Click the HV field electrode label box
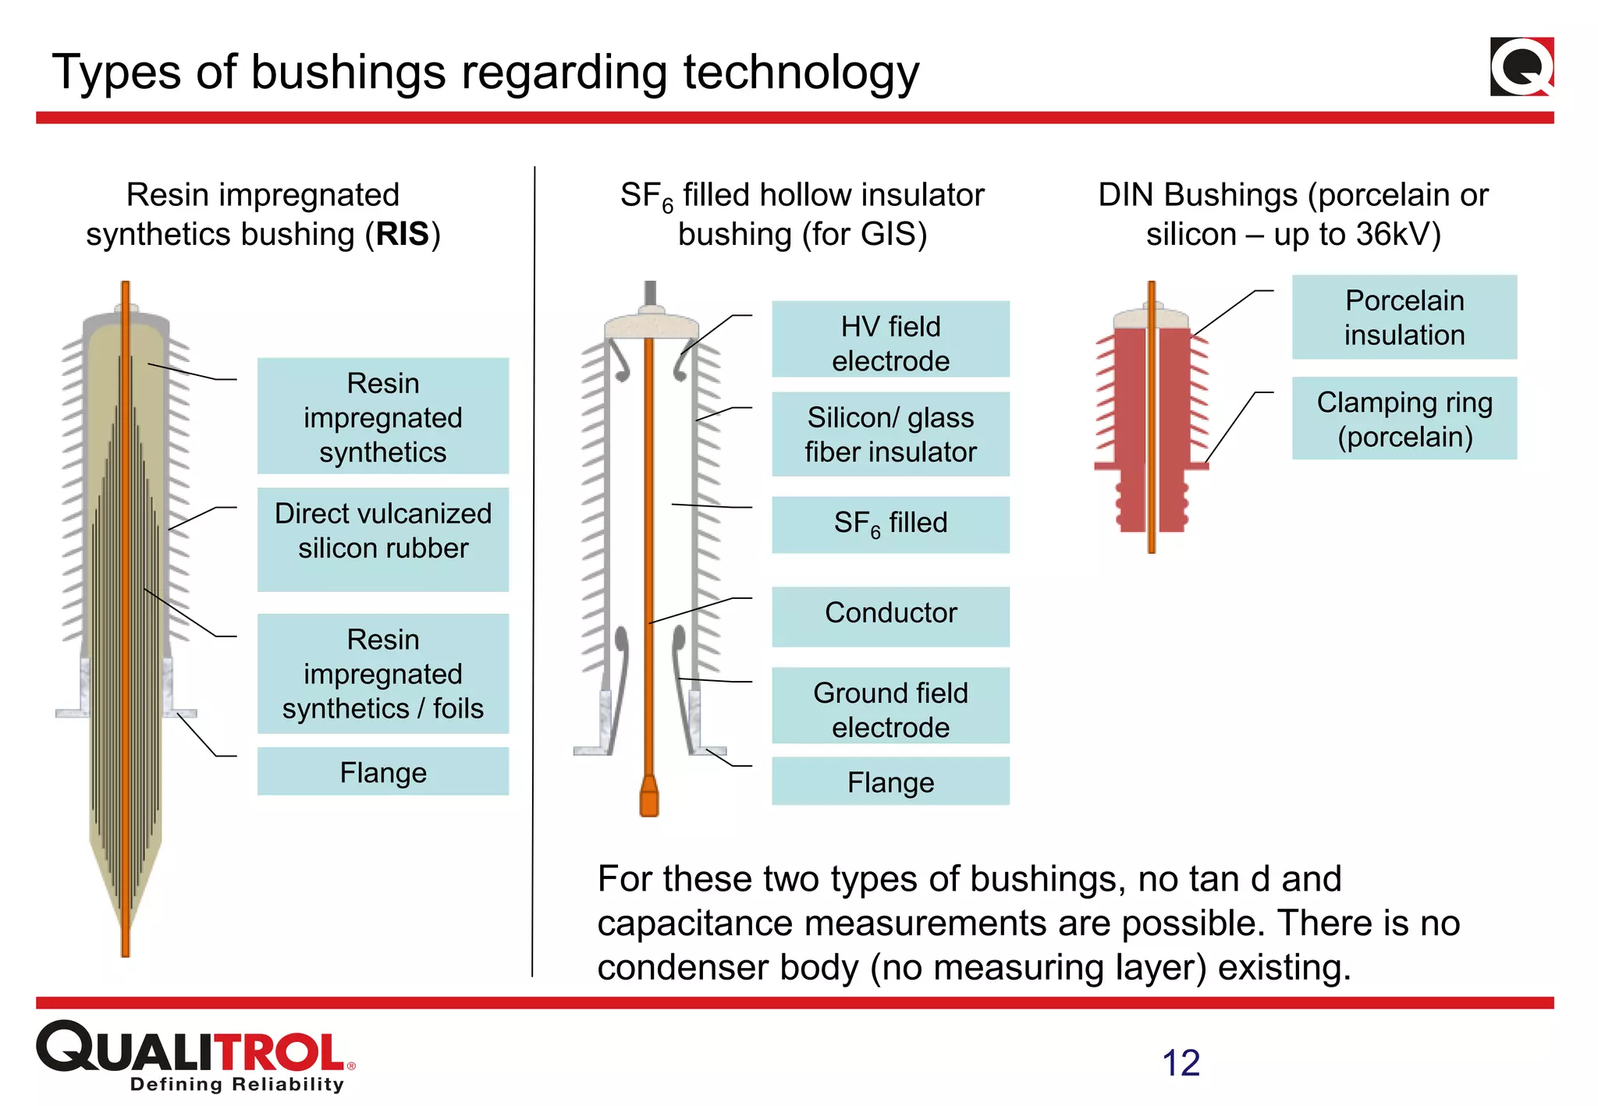pos(890,340)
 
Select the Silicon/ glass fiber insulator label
pos(890,434)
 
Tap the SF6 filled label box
pos(890,524)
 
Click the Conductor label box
pos(890,615)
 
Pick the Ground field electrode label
pos(890,706)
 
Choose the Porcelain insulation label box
pos(1404,317)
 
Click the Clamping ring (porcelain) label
pos(1404,419)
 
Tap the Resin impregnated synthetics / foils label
pos(383,674)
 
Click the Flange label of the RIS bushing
pos(383,771)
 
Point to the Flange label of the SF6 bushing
pos(890,782)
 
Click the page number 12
pos(1181,1063)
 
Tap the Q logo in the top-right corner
pos(1522,67)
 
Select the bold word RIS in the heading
pos(402,234)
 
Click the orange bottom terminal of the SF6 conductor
pos(649,797)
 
